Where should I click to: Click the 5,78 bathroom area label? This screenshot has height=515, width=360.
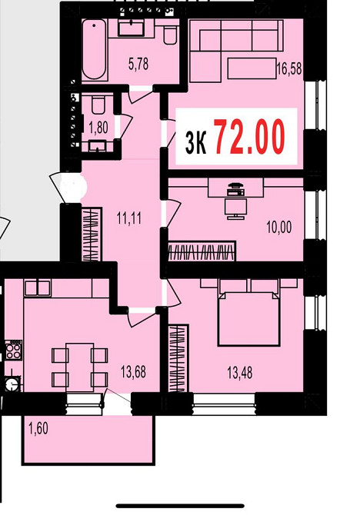138,64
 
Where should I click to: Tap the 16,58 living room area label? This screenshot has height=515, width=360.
289,69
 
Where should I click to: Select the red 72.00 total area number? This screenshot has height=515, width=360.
249,136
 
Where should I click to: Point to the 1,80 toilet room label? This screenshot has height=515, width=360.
98,127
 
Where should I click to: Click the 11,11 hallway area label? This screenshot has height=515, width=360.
129,218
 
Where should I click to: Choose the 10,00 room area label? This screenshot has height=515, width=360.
279,228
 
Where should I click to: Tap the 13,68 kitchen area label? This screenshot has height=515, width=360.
133,372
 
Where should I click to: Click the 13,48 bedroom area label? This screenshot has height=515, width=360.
240,373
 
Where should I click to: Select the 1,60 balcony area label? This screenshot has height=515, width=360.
38,429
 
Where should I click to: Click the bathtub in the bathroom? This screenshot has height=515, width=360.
94,49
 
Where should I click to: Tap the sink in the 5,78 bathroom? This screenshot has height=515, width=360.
131,28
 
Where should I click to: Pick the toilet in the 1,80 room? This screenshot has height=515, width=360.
98,105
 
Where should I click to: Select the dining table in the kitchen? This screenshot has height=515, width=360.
79,367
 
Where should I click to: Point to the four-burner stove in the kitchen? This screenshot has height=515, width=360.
13,351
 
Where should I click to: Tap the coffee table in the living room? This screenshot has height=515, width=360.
252,68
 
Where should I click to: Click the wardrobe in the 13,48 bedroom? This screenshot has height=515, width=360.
178,358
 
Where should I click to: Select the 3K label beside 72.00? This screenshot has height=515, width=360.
195,142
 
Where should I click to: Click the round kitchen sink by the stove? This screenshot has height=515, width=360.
12,384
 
